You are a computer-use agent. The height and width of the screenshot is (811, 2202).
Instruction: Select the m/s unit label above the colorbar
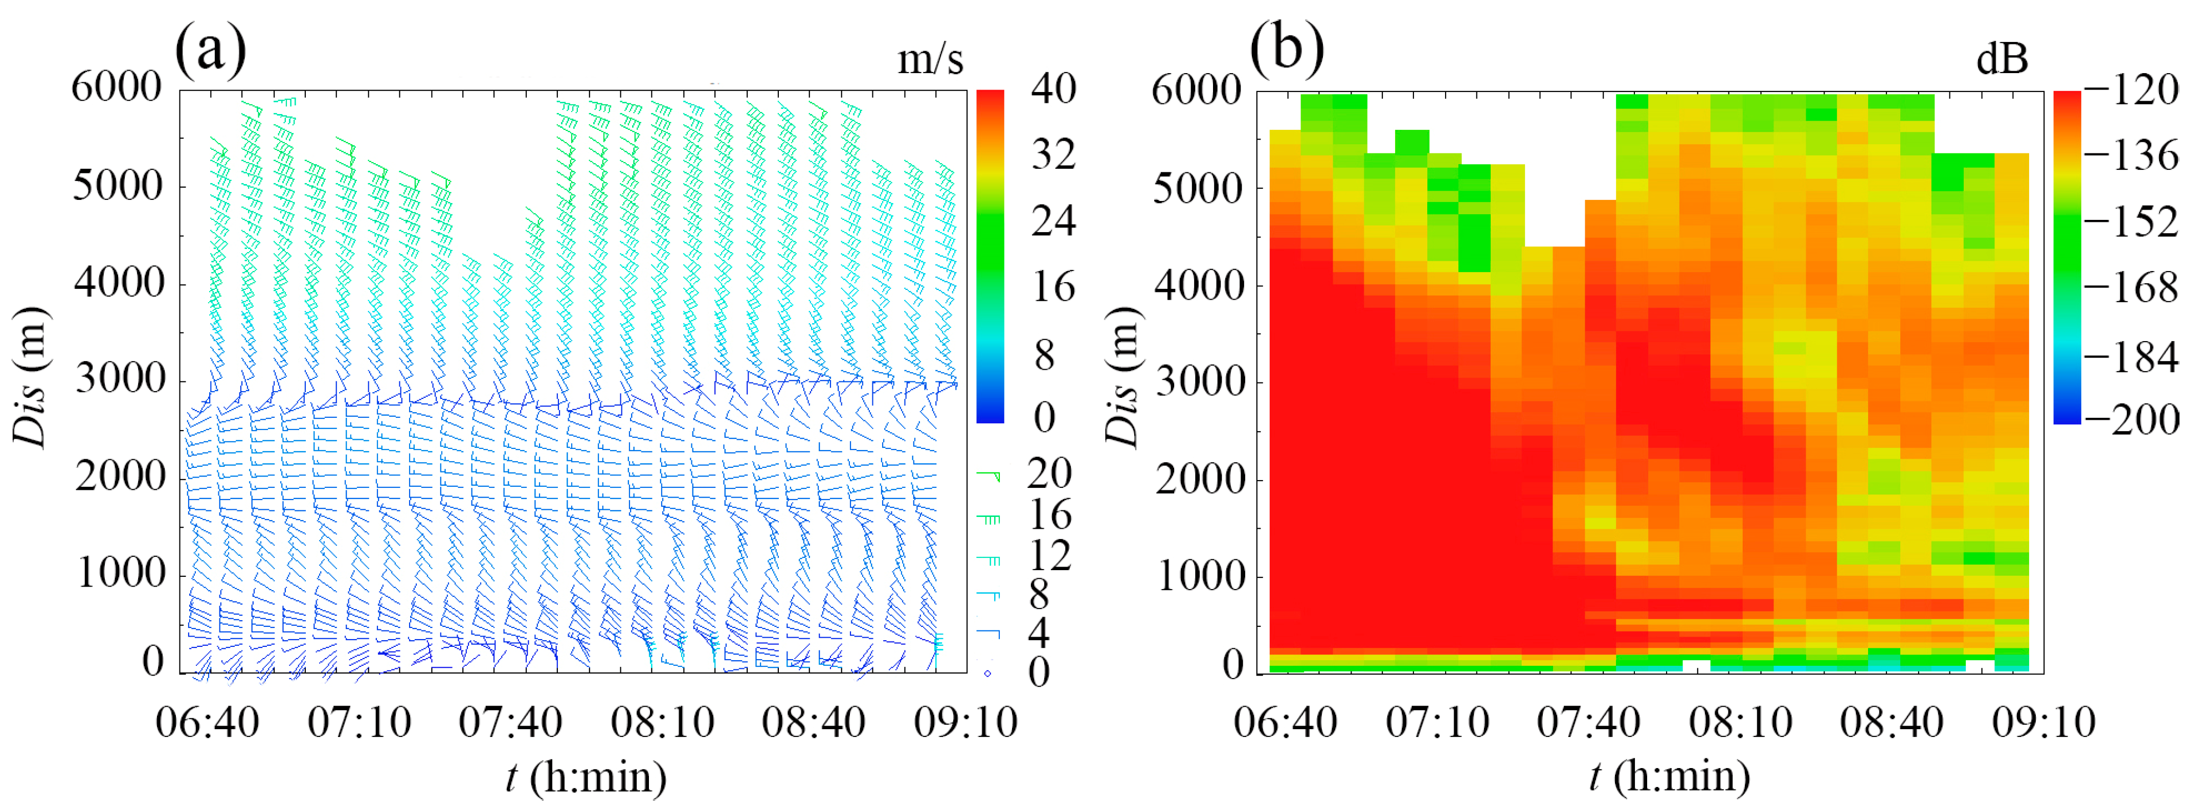[930, 60]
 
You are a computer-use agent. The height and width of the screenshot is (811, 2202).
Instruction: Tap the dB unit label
[2002, 60]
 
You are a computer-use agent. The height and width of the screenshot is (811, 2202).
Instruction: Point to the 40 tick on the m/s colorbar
[1053, 89]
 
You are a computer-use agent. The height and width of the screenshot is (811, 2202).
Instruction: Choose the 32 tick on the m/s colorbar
[1053, 154]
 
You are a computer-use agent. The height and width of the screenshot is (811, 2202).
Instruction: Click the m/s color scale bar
[990, 256]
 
